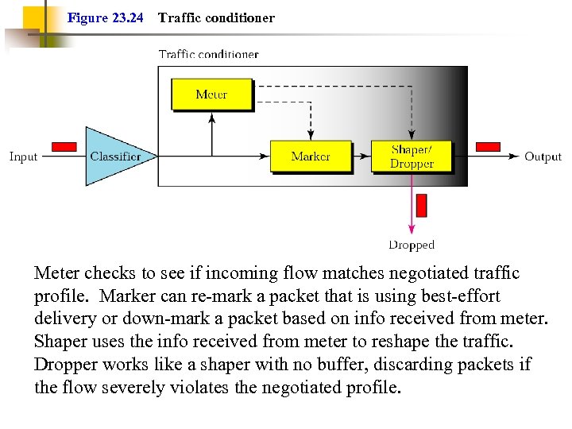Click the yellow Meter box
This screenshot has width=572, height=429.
pyautogui.click(x=211, y=95)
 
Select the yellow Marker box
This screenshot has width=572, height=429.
pyautogui.click(x=310, y=157)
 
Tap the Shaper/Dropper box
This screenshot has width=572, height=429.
pyautogui.click(x=412, y=157)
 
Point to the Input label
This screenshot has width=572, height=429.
pyautogui.click(x=23, y=157)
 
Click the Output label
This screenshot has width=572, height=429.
pyautogui.click(x=543, y=157)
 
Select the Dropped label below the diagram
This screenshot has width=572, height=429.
pyautogui.click(x=412, y=245)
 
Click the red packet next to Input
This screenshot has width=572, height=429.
pyautogui.click(x=64, y=147)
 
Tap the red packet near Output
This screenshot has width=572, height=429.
pyautogui.click(x=488, y=147)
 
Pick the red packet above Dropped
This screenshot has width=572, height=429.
pyautogui.click(x=421, y=205)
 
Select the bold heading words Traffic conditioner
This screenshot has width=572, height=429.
pyautogui.click(x=216, y=17)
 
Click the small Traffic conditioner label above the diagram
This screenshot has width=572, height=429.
pyautogui.click(x=208, y=54)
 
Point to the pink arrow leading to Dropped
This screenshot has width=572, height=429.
pyautogui.click(x=412, y=203)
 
